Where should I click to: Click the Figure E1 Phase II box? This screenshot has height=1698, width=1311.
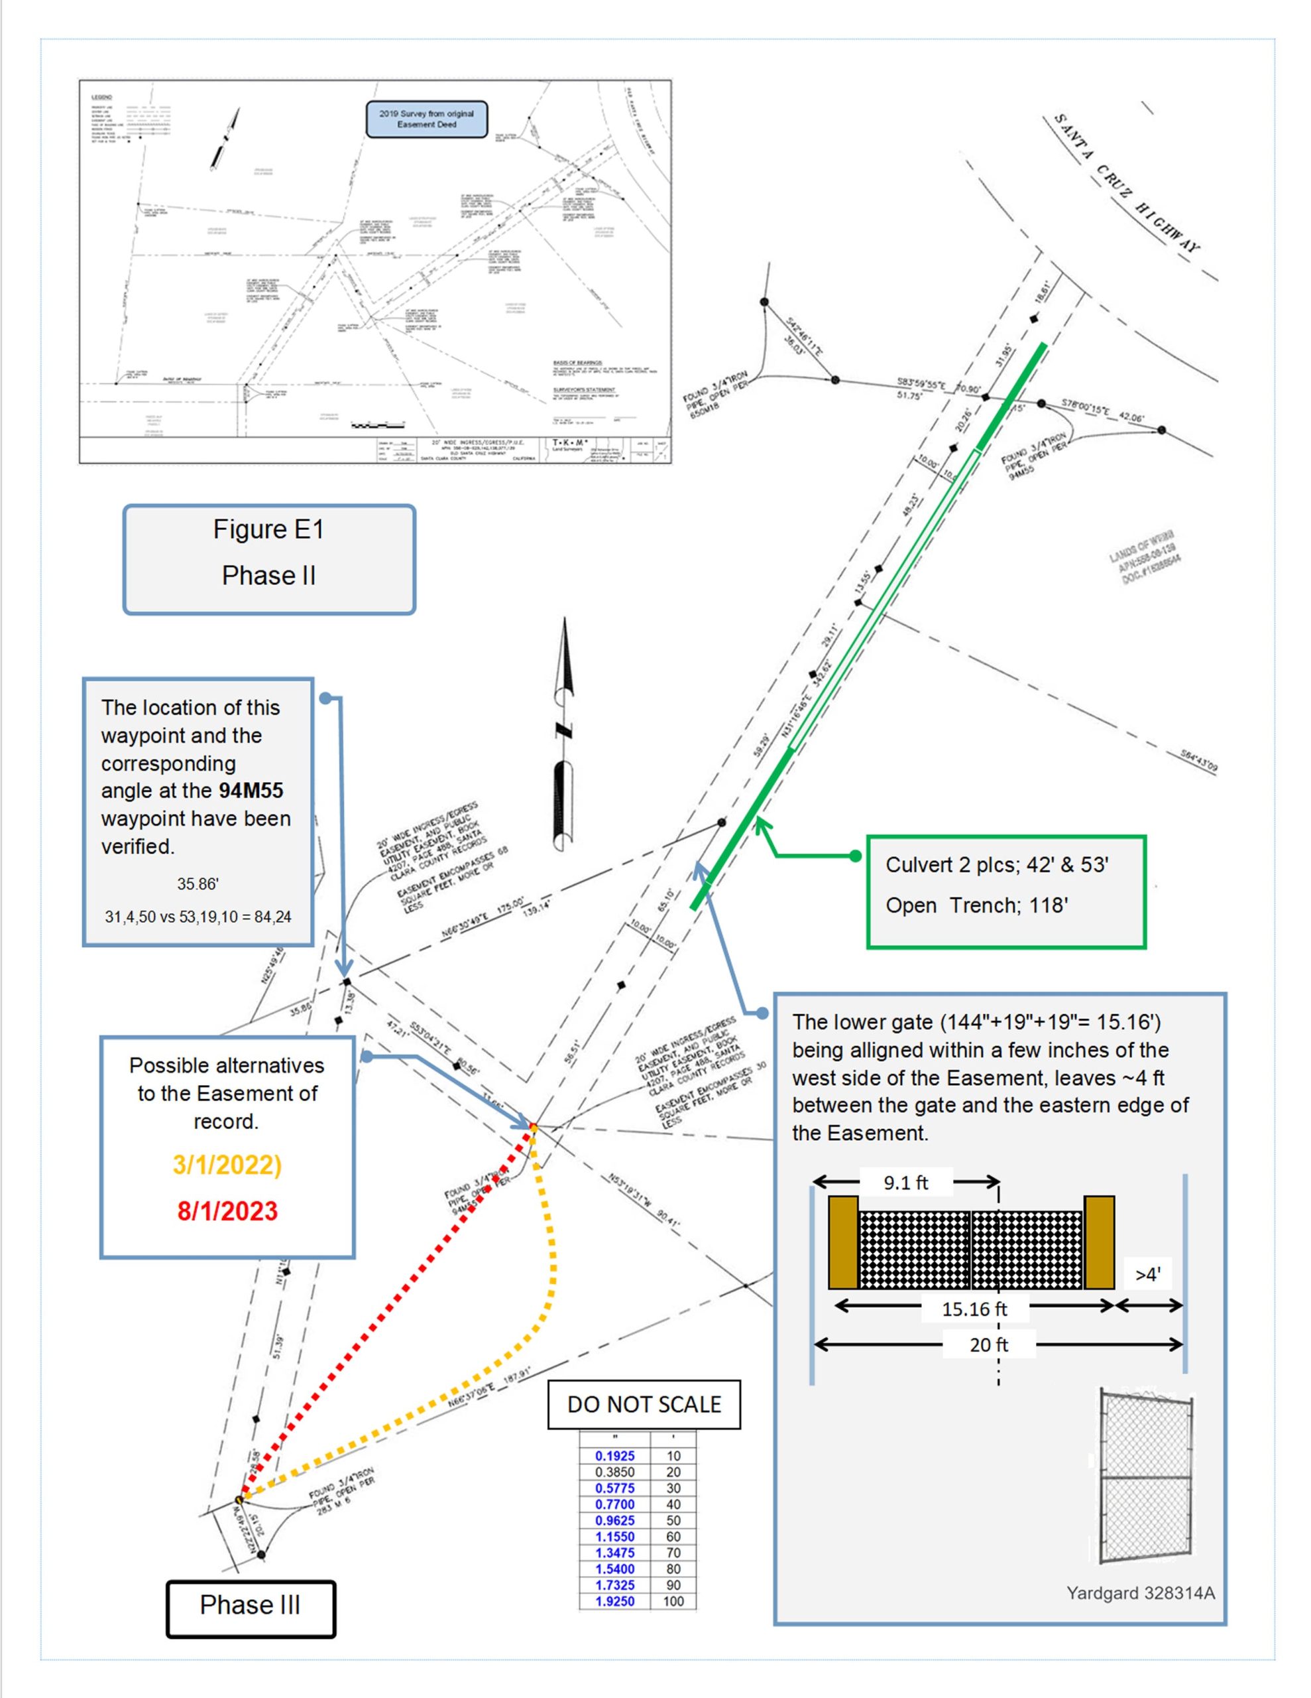coord(269,559)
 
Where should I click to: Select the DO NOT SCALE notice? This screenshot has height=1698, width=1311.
coord(644,1404)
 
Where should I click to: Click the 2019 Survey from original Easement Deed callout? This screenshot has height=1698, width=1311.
coord(427,119)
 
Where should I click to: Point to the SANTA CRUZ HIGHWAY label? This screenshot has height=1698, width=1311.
coord(1126,182)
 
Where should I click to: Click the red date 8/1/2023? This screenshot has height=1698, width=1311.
coord(227,1210)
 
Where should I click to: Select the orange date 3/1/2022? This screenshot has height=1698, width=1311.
coord(227,1165)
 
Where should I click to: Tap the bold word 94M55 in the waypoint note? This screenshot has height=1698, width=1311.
coord(251,791)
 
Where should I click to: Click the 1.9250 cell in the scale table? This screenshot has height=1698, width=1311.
coord(614,1600)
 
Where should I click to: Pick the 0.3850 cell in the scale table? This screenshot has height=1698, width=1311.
coord(614,1472)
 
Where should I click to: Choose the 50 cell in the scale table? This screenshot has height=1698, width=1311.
coord(673,1520)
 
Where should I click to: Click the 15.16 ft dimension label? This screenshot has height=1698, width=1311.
coord(974,1309)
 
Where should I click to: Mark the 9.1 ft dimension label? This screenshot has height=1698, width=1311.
coord(905,1183)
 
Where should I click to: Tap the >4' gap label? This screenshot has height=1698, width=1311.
coord(1148,1274)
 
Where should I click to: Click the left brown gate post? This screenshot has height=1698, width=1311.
coord(843,1242)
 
